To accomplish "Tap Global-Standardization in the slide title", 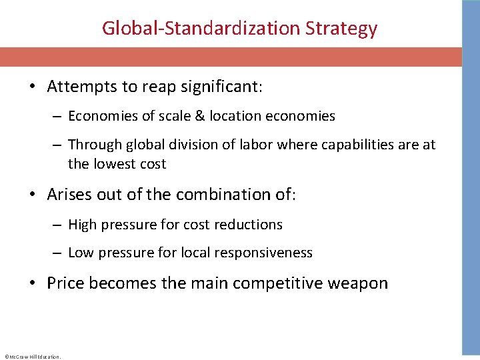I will click(201, 29).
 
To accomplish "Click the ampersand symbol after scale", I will click(199, 116).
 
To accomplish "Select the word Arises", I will click(69, 194).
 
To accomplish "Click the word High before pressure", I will click(82, 225).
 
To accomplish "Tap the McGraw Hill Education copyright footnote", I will click(32, 357).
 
